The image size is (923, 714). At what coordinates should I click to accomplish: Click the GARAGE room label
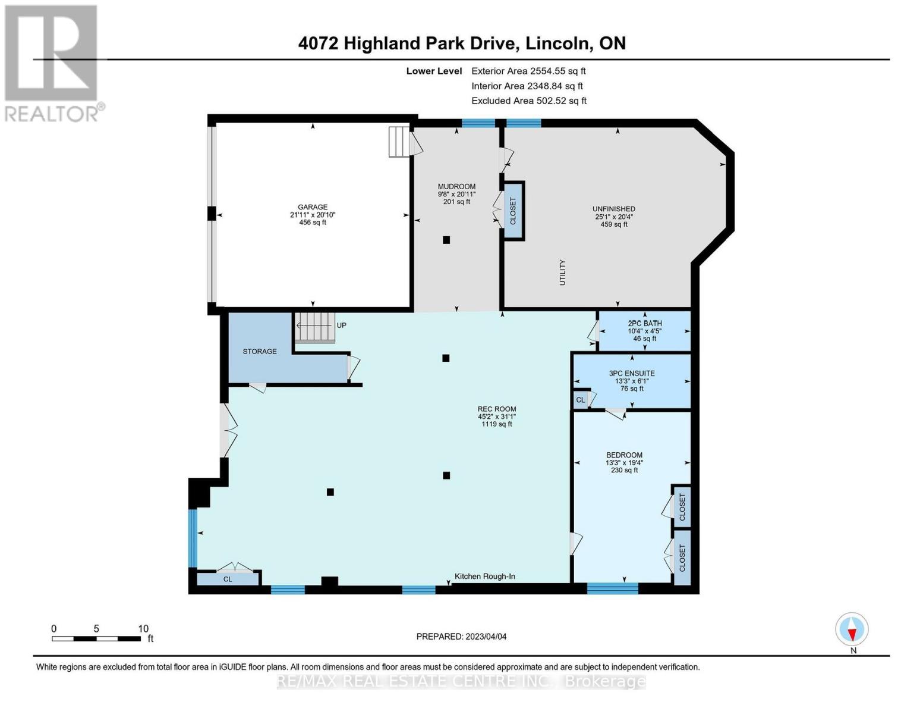point(313,208)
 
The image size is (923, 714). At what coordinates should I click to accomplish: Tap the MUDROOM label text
point(456,187)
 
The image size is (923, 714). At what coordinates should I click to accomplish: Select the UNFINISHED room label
point(613,209)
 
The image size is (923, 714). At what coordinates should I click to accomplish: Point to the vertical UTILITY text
point(562,273)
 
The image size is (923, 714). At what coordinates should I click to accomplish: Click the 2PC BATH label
point(644,324)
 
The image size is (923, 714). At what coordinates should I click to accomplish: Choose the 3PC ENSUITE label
point(632,374)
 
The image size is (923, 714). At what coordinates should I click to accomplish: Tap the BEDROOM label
point(624,455)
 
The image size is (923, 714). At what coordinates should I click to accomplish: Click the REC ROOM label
point(497,409)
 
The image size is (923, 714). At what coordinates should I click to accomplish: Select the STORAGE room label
point(260,352)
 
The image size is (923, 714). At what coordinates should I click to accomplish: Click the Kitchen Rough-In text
point(485,577)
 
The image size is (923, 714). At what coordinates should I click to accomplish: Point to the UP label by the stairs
point(341,325)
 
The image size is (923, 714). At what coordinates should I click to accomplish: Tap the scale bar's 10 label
point(143,629)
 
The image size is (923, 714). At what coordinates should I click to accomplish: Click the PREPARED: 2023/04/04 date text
point(461,637)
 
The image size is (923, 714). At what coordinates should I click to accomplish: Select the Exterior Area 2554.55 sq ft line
point(528,71)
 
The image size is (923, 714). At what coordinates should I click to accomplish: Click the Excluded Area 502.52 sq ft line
point(528,101)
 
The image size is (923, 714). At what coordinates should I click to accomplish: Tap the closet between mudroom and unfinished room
point(514,211)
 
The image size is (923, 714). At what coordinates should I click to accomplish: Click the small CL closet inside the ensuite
point(580,400)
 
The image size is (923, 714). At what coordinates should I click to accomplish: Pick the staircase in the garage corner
point(399,142)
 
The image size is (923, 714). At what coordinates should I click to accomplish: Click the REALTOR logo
point(52,62)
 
